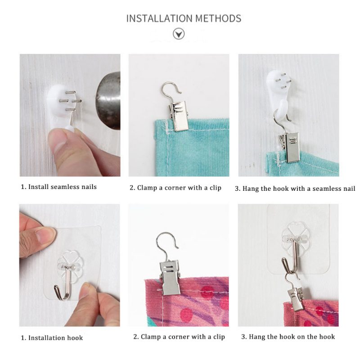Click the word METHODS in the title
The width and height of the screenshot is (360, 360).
[x=218, y=18]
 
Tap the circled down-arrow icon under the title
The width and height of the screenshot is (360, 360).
[x=179, y=34]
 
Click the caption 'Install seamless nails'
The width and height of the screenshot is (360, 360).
[x=62, y=187]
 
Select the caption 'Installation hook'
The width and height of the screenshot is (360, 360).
[x=55, y=338]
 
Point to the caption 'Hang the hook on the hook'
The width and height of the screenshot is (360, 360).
[x=292, y=337]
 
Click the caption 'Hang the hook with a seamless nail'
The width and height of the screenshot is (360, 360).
[x=299, y=189]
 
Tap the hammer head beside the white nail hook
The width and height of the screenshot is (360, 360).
[x=108, y=100]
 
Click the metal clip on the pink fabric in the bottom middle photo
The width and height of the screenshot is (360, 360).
[x=170, y=277]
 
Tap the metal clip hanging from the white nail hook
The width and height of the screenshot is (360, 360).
[x=290, y=147]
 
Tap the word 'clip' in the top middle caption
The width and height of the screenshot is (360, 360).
[x=216, y=188]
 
